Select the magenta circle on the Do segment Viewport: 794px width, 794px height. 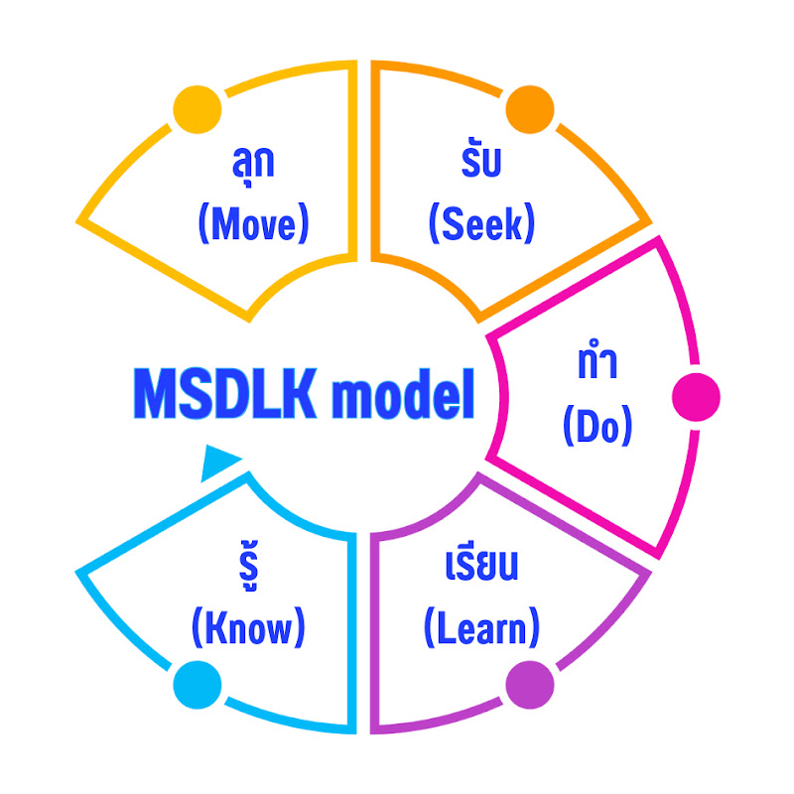tap(696, 397)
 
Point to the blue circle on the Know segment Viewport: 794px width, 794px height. tap(196, 684)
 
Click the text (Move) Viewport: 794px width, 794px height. tap(254, 225)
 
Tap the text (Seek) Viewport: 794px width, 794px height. tap(481, 225)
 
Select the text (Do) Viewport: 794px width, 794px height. tap(596, 428)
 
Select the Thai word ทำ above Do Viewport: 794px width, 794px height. tap(596, 364)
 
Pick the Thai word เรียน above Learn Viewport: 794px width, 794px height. tap(482, 568)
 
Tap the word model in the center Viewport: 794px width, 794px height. tap(402, 394)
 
